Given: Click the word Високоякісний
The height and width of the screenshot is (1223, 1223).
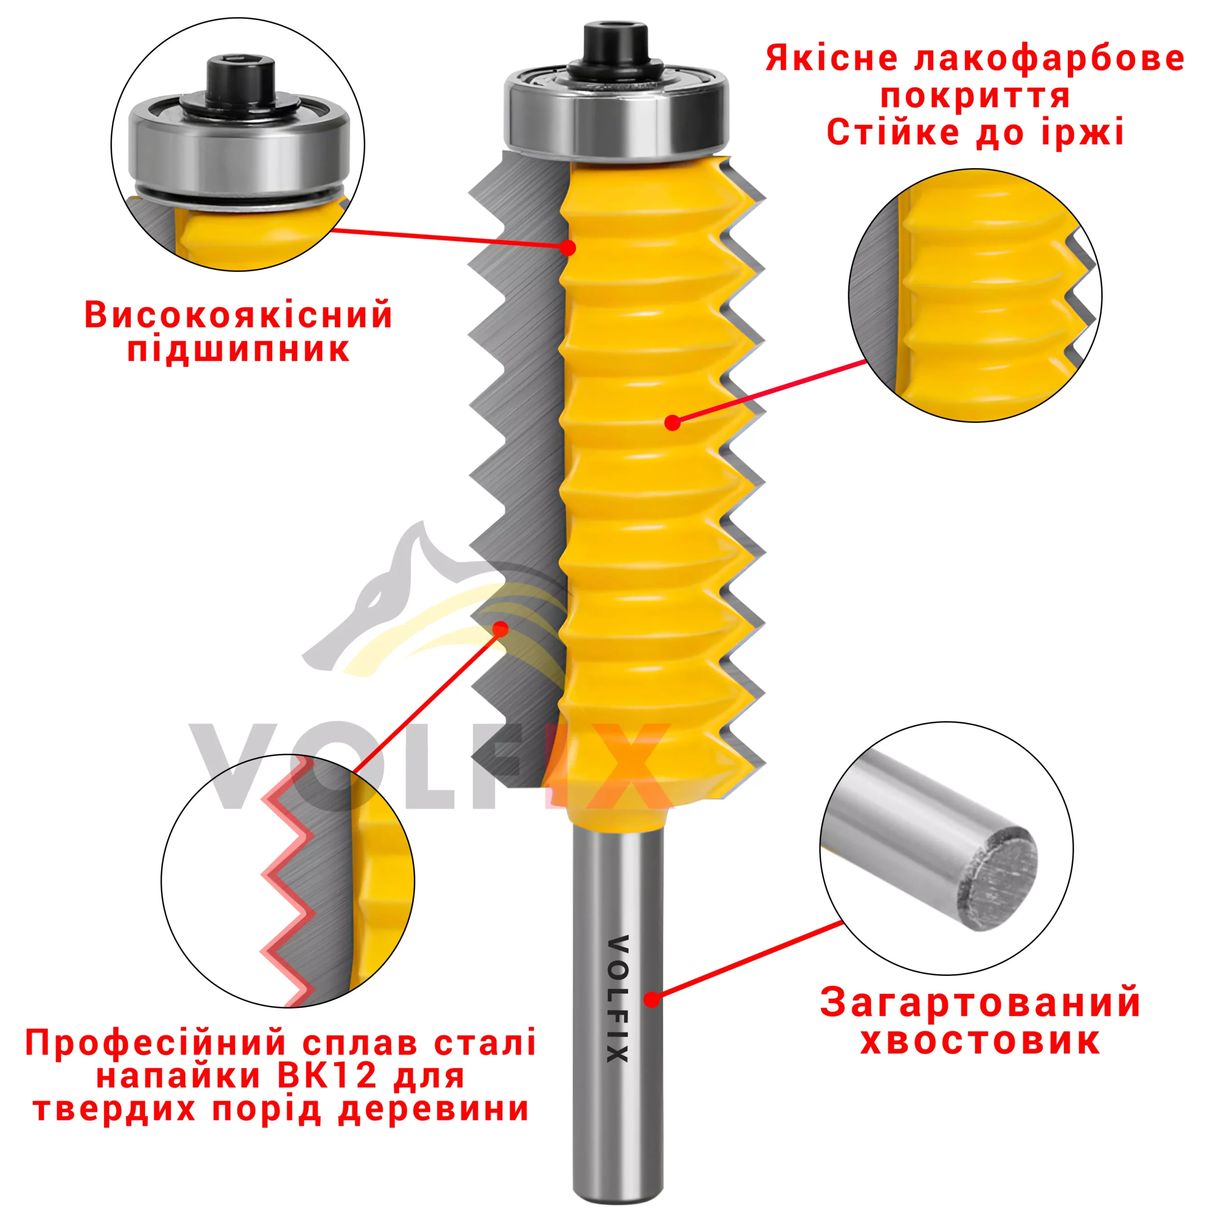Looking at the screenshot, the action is coord(239,315).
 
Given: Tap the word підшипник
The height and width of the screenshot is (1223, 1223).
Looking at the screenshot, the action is coord(239,350).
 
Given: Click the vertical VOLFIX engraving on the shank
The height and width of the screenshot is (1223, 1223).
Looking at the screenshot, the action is coord(617,998).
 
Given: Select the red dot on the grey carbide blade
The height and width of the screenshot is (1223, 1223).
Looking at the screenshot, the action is coord(501,629).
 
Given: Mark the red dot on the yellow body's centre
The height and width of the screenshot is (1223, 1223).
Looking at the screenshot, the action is coord(673,422).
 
